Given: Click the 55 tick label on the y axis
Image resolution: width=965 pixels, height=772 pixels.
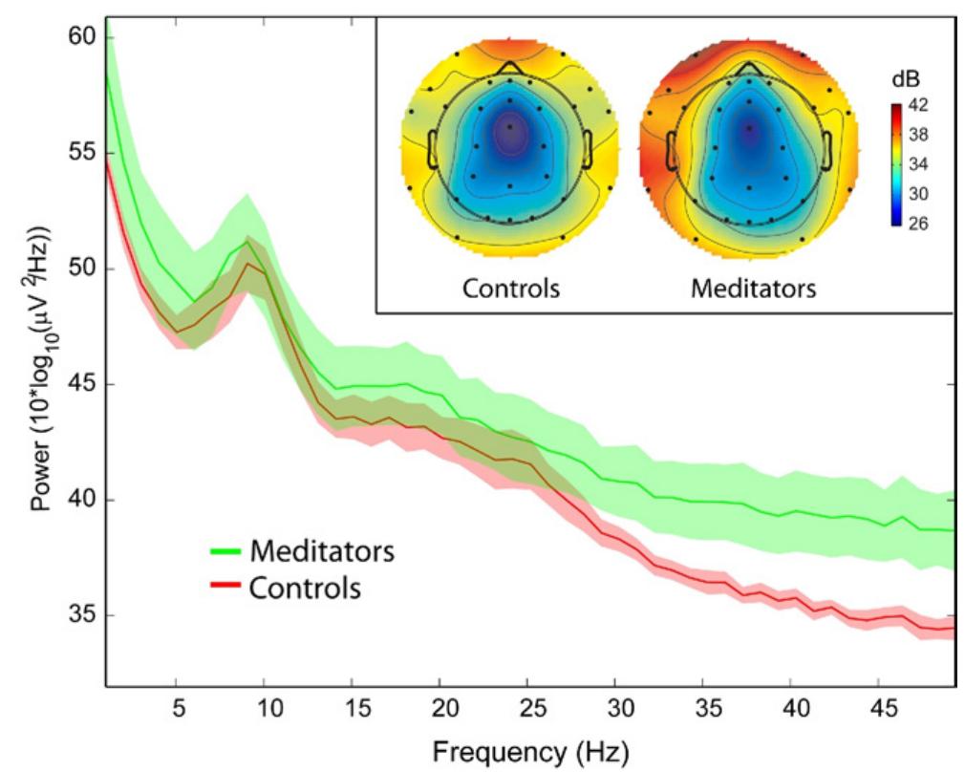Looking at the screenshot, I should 79,153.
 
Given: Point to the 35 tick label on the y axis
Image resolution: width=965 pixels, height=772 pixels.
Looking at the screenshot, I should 79,615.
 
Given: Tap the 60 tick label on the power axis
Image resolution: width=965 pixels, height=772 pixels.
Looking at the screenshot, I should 79,37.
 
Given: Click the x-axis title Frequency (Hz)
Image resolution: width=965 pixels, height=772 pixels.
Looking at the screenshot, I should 528,748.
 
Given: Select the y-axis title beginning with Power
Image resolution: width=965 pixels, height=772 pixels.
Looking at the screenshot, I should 39,354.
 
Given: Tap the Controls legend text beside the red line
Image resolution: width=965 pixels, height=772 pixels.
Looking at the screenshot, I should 305,589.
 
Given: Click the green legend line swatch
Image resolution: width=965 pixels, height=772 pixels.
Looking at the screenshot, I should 225,552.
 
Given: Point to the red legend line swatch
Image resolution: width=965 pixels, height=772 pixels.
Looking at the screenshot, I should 225,589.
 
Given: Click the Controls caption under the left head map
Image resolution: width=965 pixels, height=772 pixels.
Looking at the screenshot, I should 510,288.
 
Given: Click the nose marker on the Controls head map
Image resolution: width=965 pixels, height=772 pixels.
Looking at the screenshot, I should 510,66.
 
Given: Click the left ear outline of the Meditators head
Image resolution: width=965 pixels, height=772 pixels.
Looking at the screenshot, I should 672,148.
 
